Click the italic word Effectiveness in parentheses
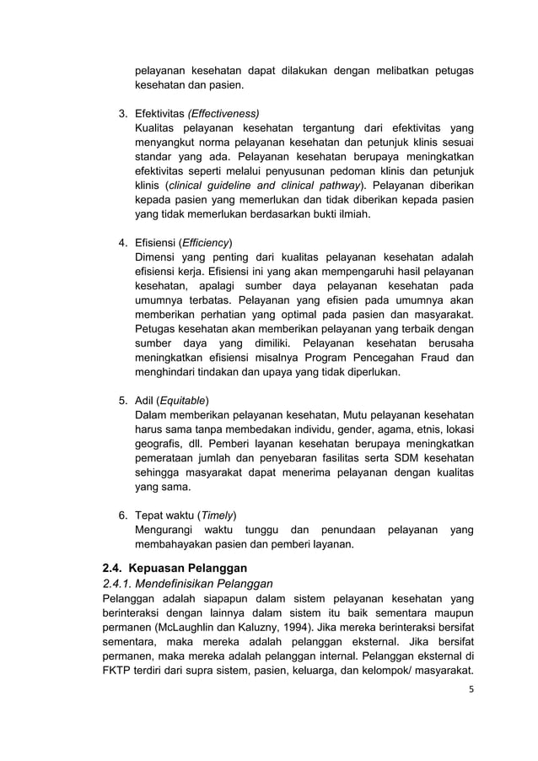(223, 113)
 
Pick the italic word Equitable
(183, 400)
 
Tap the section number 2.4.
(114, 567)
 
